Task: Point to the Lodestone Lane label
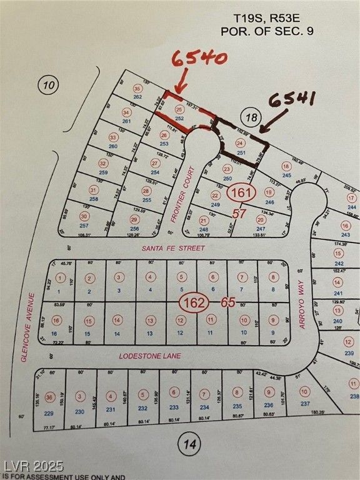click(x=150, y=356)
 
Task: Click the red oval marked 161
click(x=240, y=192)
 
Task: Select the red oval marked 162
click(x=194, y=303)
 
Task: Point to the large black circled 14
click(x=189, y=445)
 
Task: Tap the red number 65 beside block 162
click(x=228, y=303)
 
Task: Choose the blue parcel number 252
click(x=179, y=118)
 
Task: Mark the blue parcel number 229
click(x=50, y=412)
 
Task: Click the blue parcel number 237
click(x=305, y=403)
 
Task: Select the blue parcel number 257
click(x=84, y=224)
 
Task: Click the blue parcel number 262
click(x=137, y=97)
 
